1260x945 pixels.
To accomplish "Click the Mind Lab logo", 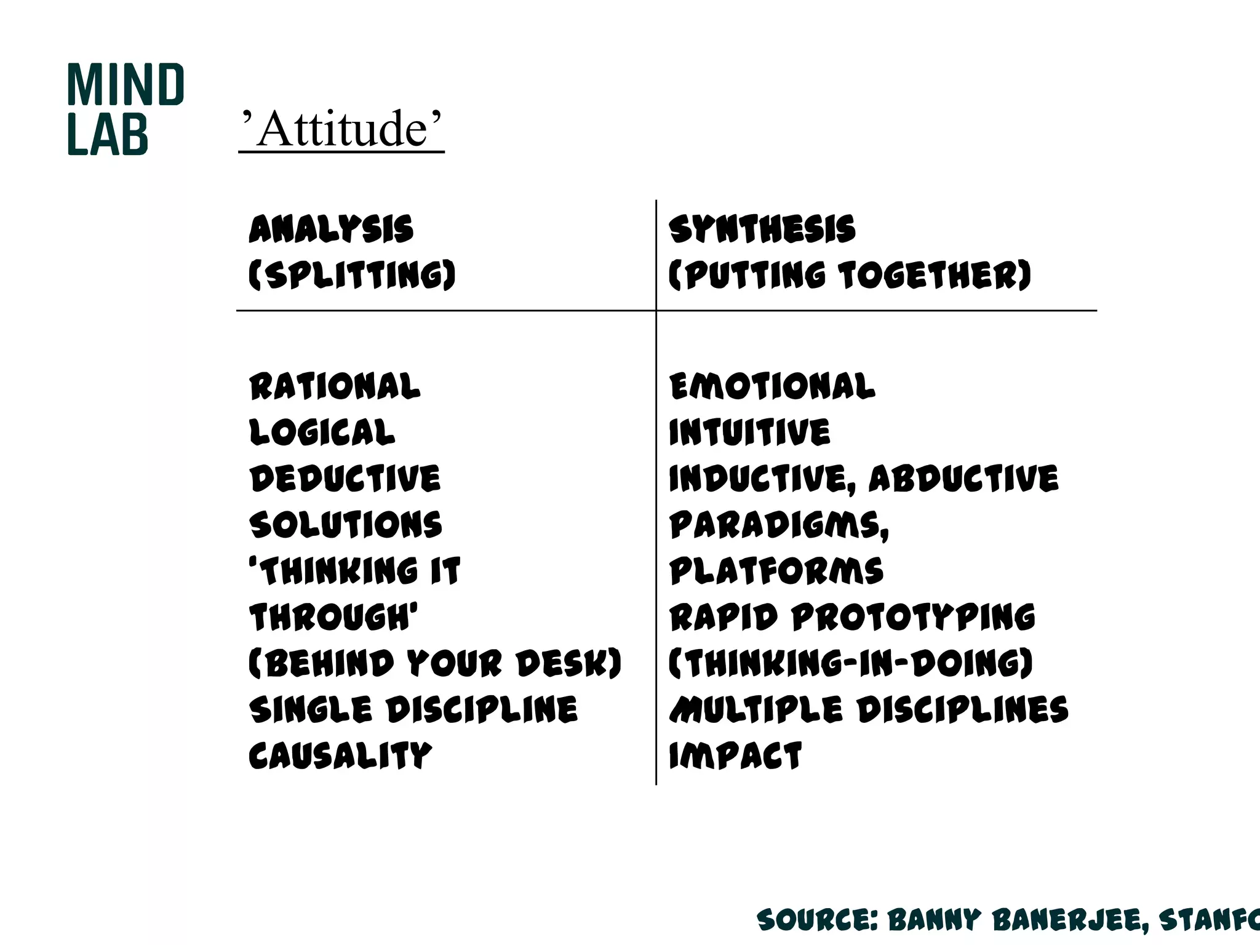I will [x=125, y=109].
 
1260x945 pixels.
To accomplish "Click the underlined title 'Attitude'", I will [x=342, y=129].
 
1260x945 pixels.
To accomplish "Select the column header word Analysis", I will [x=331, y=229].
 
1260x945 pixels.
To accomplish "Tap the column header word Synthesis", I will [x=762, y=229].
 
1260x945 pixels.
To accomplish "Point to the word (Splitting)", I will [x=352, y=275].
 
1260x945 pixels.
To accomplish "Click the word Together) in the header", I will [x=935, y=275].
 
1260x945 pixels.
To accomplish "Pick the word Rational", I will [x=335, y=387].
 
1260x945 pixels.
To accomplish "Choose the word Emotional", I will [x=772, y=387].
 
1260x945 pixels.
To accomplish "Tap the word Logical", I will [x=322, y=433].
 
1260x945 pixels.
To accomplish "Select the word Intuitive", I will [x=749, y=433].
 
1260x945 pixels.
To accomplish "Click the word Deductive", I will [x=345, y=479].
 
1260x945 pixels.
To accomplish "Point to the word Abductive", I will [x=963, y=479].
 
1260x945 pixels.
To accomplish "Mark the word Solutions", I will [x=346, y=525].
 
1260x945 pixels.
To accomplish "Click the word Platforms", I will [x=776, y=571].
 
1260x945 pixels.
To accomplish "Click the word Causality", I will [x=340, y=756].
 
